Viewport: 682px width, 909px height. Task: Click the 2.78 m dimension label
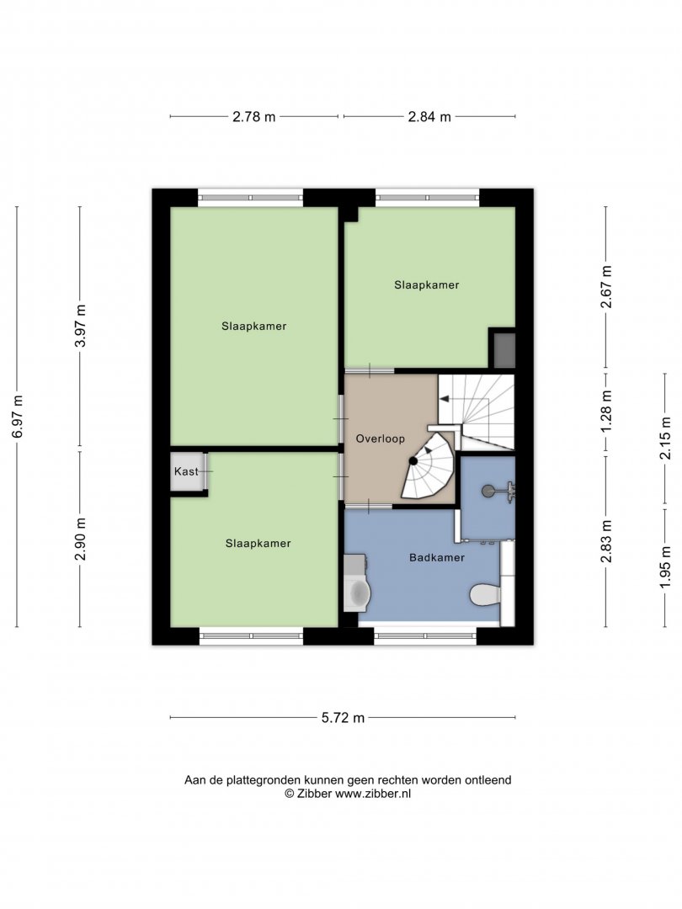[254, 116]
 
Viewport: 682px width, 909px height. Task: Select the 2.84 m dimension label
[429, 116]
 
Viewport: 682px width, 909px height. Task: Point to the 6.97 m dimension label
[18, 417]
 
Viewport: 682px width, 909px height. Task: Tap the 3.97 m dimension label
[81, 326]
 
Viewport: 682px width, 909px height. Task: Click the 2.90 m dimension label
[81, 540]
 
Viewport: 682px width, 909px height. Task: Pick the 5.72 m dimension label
[344, 718]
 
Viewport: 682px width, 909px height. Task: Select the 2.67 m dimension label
[606, 286]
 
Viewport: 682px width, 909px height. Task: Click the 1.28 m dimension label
[606, 411]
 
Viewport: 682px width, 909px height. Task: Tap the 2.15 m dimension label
[665, 439]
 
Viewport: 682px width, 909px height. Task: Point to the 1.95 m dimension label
[665, 567]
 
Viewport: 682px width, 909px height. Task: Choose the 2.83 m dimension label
[606, 541]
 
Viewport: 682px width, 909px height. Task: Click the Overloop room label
[381, 439]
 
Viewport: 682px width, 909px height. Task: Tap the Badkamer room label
[437, 558]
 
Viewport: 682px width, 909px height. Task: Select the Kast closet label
[186, 471]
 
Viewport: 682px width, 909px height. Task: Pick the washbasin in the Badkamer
[356, 591]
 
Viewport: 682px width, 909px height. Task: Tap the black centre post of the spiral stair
[413, 461]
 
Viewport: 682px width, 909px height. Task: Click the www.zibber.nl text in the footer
[373, 795]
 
